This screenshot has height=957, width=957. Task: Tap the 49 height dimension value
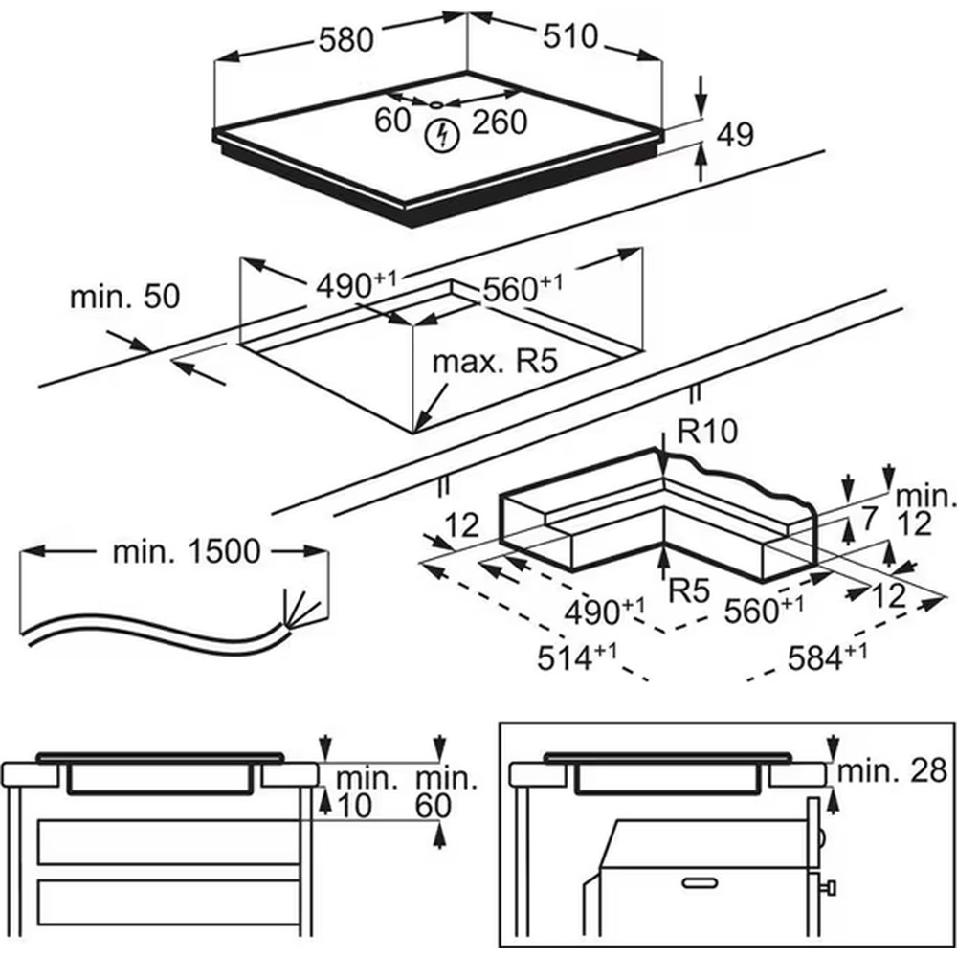(735, 135)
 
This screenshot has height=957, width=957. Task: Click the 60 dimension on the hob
(392, 121)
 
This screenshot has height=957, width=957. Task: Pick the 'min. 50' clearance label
(124, 297)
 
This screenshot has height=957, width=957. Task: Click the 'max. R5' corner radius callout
(495, 362)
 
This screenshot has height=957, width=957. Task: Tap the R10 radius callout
(708, 432)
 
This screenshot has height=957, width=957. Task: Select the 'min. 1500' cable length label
(186, 551)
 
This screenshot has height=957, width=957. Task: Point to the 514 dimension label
(571, 659)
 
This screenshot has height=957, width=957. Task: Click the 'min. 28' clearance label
(890, 771)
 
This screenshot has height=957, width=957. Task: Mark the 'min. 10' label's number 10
(354, 806)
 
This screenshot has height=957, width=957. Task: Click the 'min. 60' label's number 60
(433, 806)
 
